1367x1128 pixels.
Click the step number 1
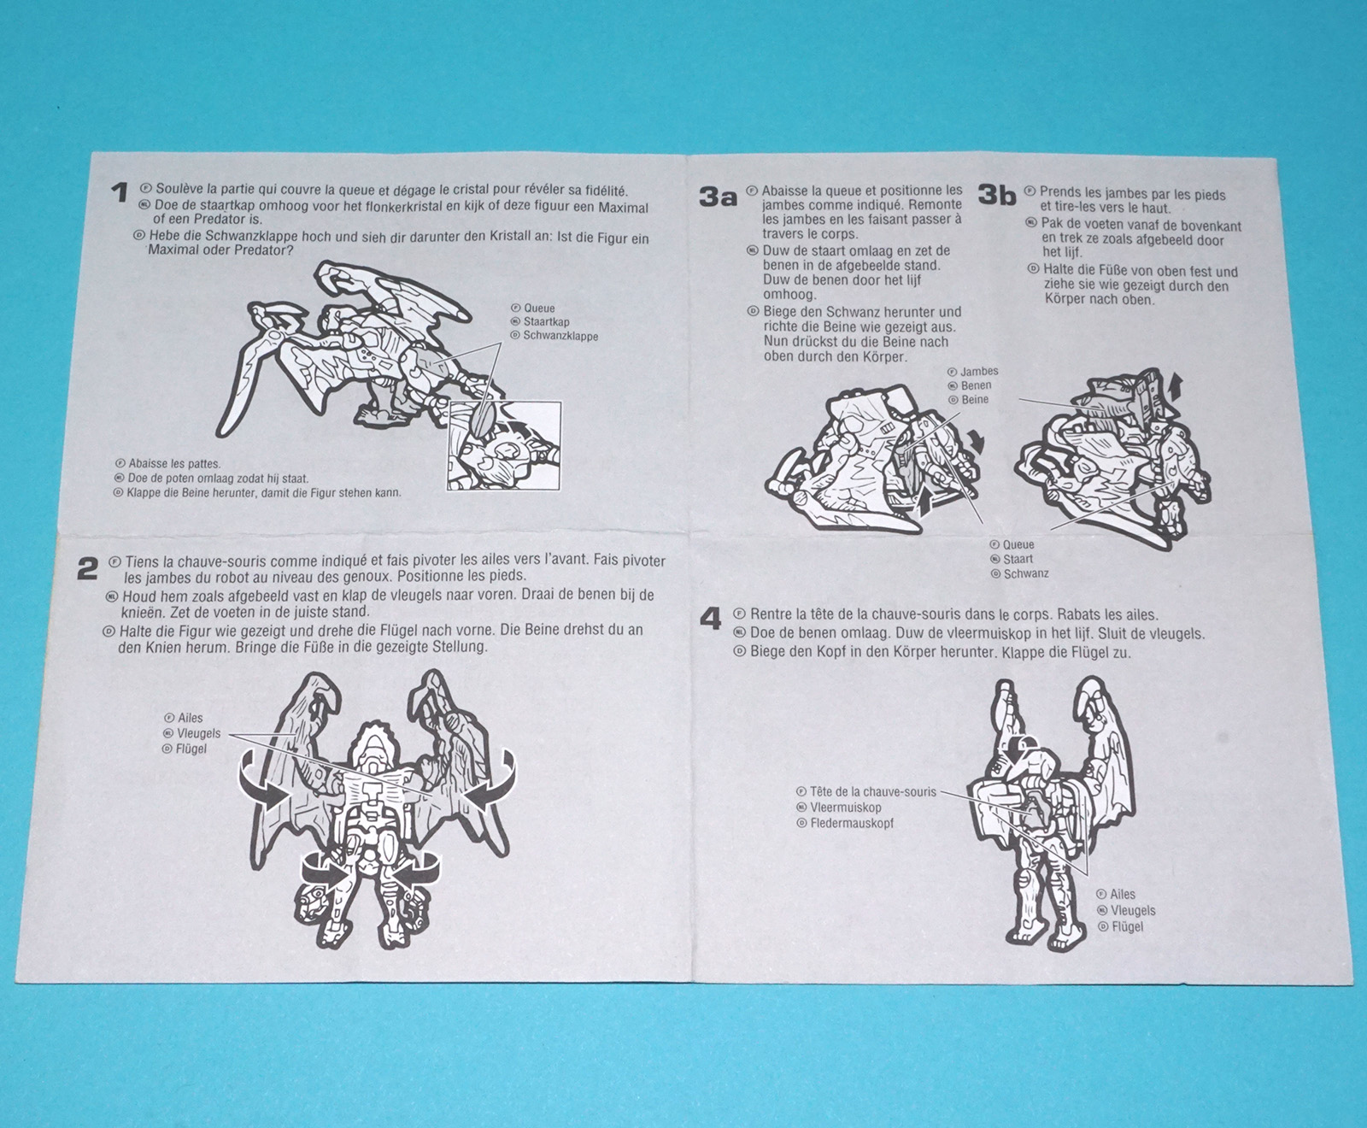point(120,193)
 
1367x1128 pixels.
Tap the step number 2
point(88,568)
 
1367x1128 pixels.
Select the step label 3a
point(718,197)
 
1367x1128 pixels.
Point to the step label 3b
point(997,196)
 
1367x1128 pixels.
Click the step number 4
point(711,618)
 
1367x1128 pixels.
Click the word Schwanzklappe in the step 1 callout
point(560,336)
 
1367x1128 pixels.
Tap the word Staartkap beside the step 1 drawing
point(547,322)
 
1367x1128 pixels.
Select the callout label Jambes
point(979,372)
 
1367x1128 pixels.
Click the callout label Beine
point(975,399)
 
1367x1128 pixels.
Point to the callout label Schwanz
point(1026,573)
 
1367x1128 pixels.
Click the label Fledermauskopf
point(852,824)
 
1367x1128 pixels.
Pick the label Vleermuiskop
point(846,808)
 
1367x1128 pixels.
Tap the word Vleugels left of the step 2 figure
point(198,733)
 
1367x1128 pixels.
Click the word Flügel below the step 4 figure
point(1128,926)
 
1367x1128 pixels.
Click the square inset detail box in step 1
point(504,445)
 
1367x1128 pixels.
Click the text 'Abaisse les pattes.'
point(173,464)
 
